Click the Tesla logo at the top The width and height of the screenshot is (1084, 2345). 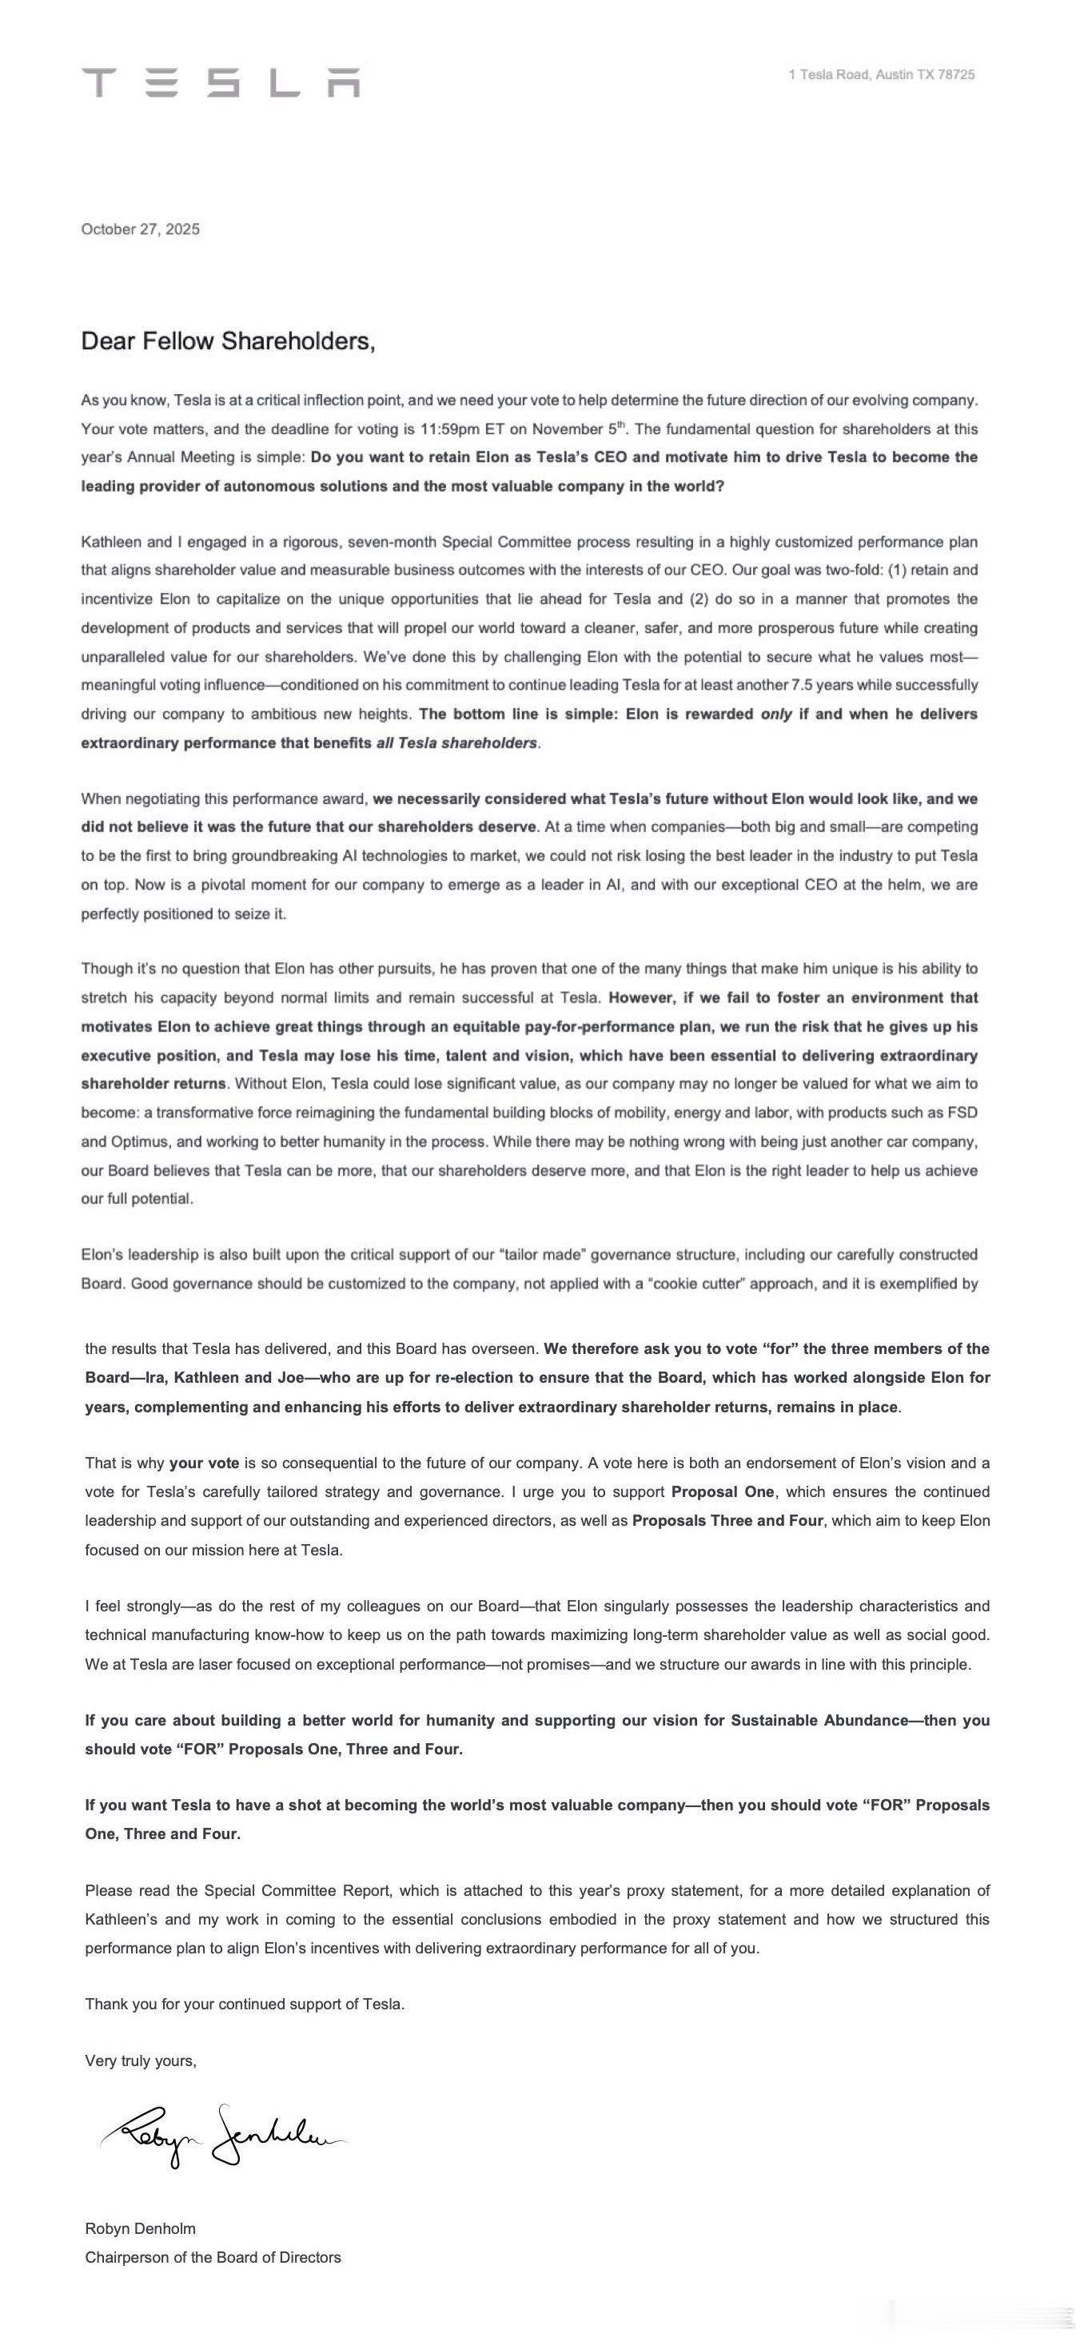pos(221,82)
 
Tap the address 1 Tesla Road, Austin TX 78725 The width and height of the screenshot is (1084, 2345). pos(881,74)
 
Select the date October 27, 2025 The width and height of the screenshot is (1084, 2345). pos(140,229)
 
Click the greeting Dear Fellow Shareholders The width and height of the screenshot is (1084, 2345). pos(228,341)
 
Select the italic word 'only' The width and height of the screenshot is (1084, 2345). pos(775,714)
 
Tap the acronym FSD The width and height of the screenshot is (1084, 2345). pos(961,1113)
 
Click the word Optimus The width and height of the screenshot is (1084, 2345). pos(140,1141)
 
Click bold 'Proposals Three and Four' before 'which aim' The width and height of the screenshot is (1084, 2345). pos(727,1520)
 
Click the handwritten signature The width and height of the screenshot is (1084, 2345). pos(223,2136)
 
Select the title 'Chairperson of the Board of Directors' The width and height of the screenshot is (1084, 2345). pos(213,2258)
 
